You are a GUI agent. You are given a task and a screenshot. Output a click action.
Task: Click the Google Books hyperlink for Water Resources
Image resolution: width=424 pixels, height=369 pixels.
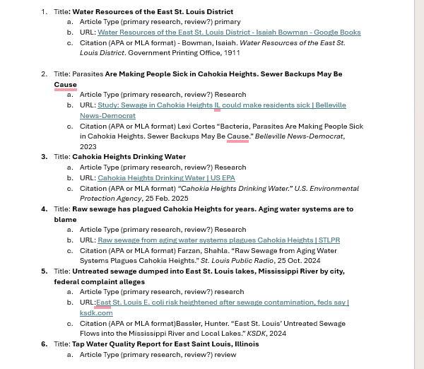click(229, 33)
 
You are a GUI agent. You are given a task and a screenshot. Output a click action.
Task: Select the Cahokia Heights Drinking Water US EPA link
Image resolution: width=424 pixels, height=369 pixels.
click(166, 178)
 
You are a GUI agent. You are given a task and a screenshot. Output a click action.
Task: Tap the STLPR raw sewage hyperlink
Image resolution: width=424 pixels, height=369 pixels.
click(218, 240)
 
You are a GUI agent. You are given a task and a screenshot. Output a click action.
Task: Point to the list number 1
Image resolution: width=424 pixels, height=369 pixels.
click(43, 12)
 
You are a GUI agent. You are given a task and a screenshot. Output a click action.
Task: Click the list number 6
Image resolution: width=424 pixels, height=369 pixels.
click(43, 344)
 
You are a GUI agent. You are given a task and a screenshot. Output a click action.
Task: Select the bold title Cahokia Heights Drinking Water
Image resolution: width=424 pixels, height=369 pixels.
click(129, 157)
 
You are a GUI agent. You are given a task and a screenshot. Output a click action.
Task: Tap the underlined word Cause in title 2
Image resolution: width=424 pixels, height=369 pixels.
click(65, 84)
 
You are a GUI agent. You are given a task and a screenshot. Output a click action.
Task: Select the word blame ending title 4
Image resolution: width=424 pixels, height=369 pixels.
click(65, 220)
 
